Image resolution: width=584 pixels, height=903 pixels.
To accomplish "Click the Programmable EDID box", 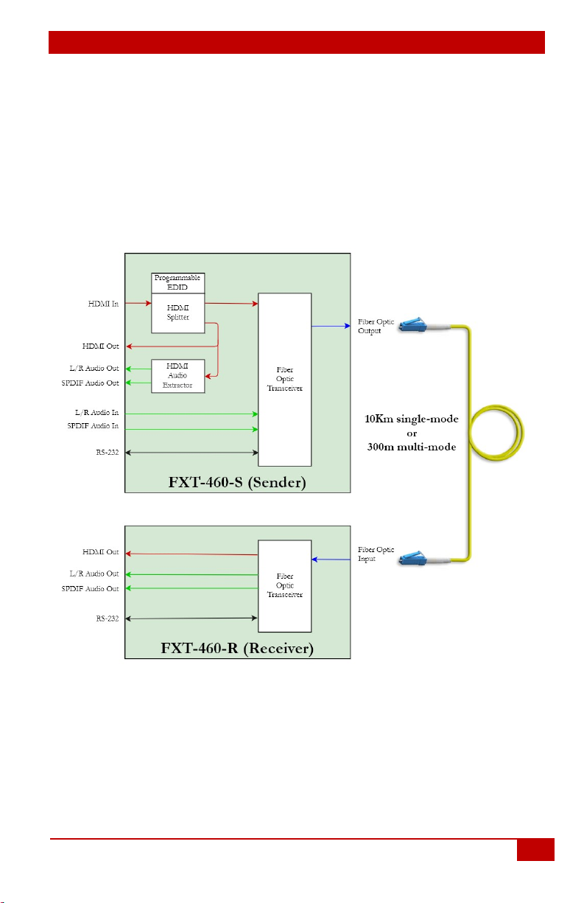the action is pyautogui.click(x=177, y=282).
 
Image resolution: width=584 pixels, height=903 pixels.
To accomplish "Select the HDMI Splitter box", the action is pyautogui.click(x=177, y=313).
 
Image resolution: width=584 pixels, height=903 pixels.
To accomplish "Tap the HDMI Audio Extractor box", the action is pyautogui.click(x=177, y=376).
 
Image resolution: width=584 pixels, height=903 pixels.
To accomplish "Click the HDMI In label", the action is pyautogui.click(x=103, y=304).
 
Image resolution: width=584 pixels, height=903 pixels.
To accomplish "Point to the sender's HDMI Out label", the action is pyautogui.click(x=100, y=346).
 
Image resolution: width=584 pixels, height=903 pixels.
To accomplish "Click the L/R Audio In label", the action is pyautogui.click(x=96, y=412).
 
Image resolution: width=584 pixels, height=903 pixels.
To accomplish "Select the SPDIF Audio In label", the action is pyautogui.click(x=93, y=426).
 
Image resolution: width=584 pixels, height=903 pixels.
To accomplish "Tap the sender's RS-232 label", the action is pyautogui.click(x=107, y=453).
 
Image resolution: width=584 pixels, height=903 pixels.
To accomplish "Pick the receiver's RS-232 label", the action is pyautogui.click(x=107, y=618).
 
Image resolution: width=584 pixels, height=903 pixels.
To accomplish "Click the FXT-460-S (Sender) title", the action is pyautogui.click(x=237, y=482).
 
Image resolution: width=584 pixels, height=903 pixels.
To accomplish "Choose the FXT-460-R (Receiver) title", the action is pyautogui.click(x=237, y=648).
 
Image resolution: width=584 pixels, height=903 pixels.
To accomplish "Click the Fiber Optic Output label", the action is pyautogui.click(x=376, y=326).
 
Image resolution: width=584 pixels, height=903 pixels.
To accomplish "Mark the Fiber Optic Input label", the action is pyautogui.click(x=376, y=554).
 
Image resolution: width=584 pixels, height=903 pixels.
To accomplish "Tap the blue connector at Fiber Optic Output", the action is pyautogui.click(x=413, y=325).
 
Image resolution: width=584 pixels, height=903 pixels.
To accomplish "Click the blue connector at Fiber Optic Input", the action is pyautogui.click(x=413, y=558).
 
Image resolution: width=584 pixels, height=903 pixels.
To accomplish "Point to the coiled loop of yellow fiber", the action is pyautogui.click(x=523, y=433).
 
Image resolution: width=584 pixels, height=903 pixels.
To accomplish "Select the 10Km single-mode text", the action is pyautogui.click(x=411, y=419).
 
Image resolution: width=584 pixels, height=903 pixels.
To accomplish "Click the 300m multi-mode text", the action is pyautogui.click(x=411, y=447).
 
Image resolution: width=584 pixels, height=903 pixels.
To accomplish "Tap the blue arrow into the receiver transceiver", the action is pyautogui.click(x=331, y=559).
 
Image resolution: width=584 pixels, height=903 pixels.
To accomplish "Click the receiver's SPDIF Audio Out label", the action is pyautogui.click(x=90, y=588).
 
